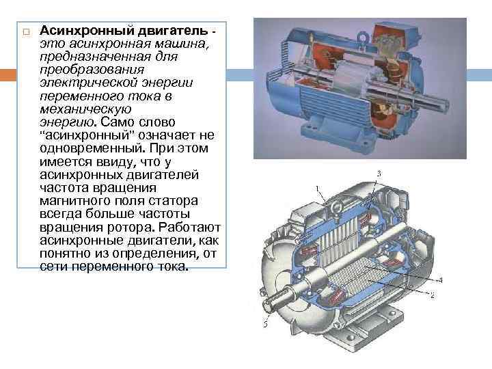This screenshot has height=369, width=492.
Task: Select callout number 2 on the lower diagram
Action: (x=432, y=295)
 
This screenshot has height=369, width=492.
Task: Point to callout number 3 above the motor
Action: (x=379, y=174)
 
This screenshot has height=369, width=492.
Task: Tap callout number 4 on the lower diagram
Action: (x=439, y=279)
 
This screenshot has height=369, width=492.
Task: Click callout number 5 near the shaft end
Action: (x=264, y=323)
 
